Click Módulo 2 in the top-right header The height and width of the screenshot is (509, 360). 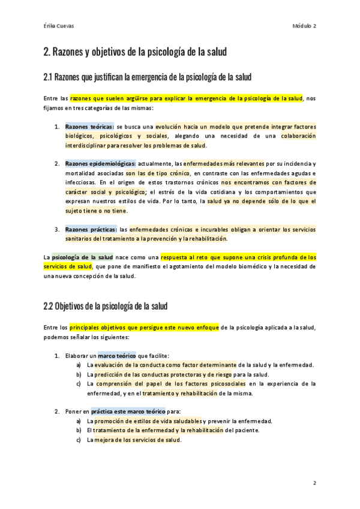[305, 26]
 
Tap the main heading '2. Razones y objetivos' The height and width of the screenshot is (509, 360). [135, 52]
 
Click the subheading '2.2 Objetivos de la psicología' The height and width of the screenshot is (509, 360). [105, 306]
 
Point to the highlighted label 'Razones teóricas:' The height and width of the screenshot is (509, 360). [89, 127]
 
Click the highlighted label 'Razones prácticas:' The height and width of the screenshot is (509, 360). [91, 229]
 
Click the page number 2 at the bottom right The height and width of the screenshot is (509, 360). [314, 483]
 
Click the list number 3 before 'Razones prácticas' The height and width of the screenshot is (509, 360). [56, 229]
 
